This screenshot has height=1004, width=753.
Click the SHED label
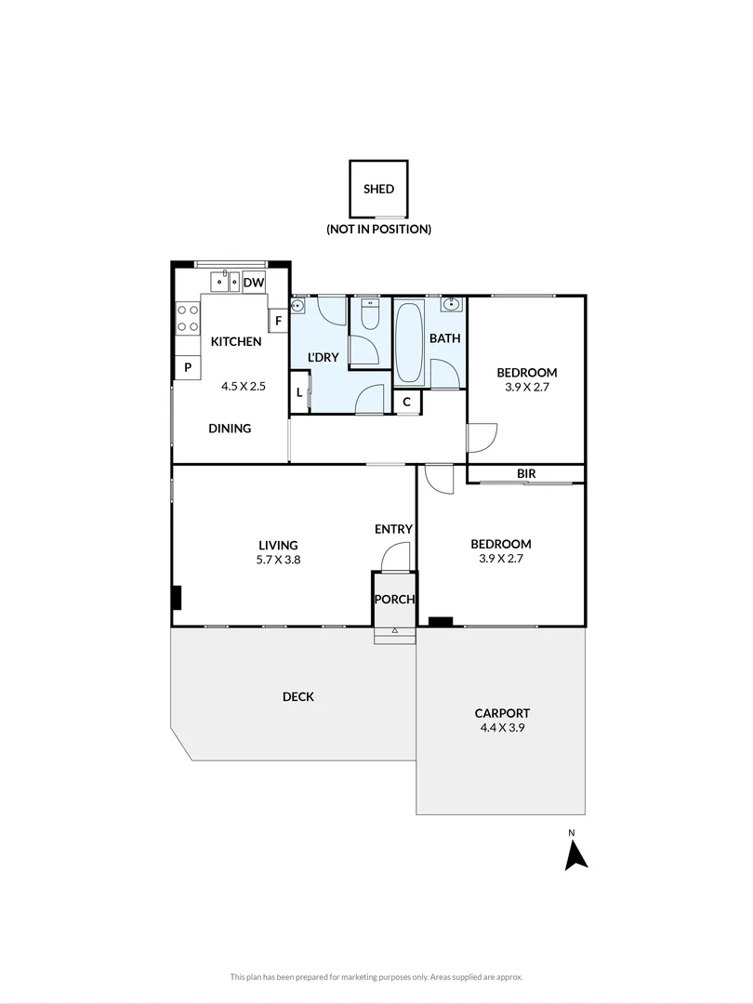point(378,189)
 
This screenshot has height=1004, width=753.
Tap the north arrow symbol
point(575,854)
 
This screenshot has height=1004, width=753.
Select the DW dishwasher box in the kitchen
point(254,283)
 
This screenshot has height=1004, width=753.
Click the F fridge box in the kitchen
point(277,322)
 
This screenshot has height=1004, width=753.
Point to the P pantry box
point(188,368)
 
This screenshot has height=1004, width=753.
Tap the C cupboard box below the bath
point(407,403)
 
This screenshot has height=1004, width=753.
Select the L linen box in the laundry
point(298,392)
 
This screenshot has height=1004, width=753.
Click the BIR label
point(526,474)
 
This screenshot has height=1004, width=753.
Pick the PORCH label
point(394,600)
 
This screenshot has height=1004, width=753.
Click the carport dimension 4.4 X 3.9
point(501,729)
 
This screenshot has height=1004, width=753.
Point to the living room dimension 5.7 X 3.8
point(278,561)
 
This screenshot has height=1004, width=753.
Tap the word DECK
point(298,697)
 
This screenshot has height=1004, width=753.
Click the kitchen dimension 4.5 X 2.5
point(244,385)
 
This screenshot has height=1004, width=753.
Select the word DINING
point(230,429)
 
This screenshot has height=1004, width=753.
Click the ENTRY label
point(393,529)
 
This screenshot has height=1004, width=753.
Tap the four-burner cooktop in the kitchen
point(188,319)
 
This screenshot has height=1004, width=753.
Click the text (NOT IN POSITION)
point(378,229)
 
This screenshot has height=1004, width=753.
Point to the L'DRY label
point(323,357)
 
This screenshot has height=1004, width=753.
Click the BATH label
point(444,338)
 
